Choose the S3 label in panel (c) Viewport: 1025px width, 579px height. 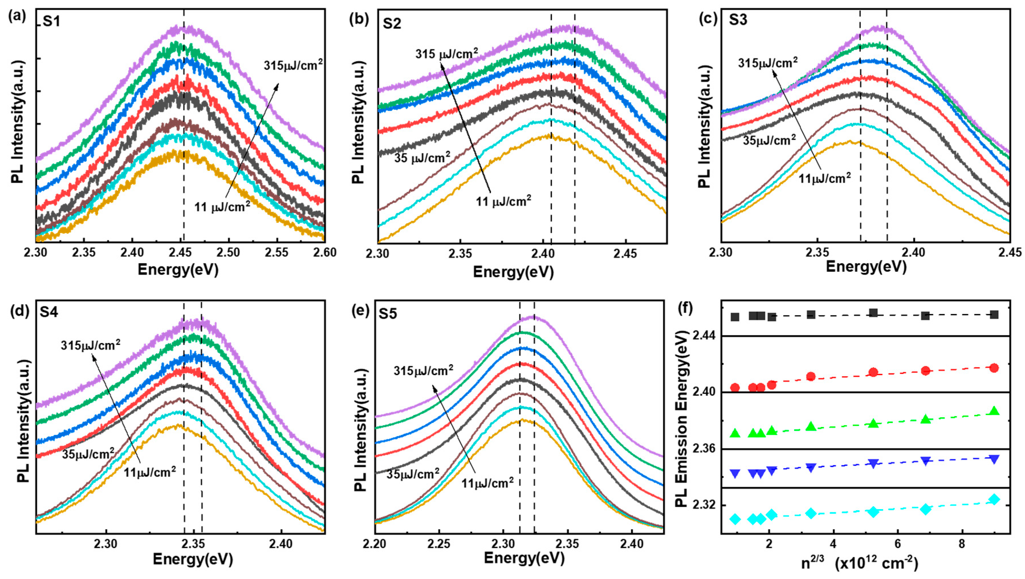coord(738,20)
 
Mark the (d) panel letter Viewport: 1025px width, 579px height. coord(19,311)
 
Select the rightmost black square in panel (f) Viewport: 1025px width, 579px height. coord(994,315)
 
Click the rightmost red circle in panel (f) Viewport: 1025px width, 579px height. coord(994,368)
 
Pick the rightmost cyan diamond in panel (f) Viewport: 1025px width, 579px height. coord(994,499)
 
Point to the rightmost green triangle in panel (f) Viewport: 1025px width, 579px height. coord(994,411)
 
